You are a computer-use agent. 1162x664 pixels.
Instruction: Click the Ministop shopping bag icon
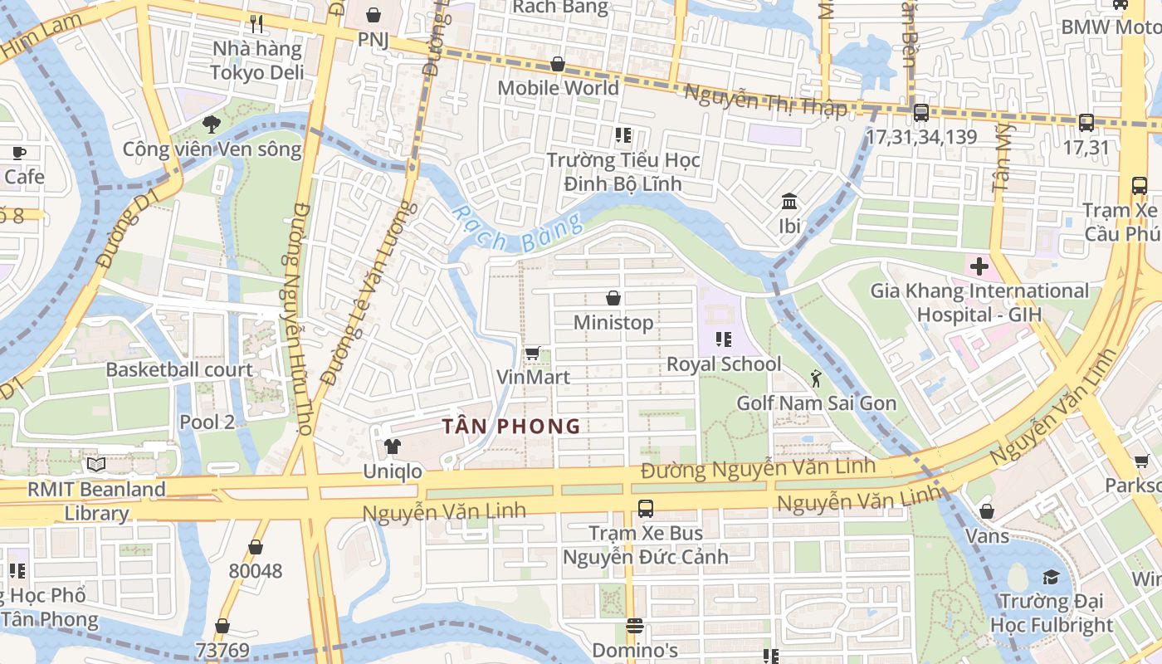pyautogui.click(x=613, y=298)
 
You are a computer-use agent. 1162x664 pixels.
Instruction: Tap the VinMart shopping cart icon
pyautogui.click(x=533, y=354)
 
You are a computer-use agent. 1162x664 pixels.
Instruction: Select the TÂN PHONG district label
pyautogui.click(x=510, y=427)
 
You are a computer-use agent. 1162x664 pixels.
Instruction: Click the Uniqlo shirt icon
pyautogui.click(x=393, y=447)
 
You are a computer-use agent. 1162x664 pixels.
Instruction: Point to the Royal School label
pyautogui.click(x=724, y=364)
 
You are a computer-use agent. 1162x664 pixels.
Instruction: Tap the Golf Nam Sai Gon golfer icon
pyautogui.click(x=816, y=378)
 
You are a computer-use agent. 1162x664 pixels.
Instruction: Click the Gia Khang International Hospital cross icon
pyautogui.click(x=979, y=267)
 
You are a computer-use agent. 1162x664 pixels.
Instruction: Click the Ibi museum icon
pyautogui.click(x=789, y=202)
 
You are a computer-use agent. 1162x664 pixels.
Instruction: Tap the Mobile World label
pyautogui.click(x=558, y=88)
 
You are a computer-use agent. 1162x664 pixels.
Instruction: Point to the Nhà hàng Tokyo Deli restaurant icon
pyautogui.click(x=256, y=24)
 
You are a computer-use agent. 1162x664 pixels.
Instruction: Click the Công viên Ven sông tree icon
pyautogui.click(x=212, y=125)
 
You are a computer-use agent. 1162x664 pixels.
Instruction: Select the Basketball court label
pyautogui.click(x=179, y=369)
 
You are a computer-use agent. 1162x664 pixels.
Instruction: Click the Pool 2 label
pyautogui.click(x=207, y=422)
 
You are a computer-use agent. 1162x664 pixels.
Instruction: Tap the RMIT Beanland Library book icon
pyautogui.click(x=96, y=465)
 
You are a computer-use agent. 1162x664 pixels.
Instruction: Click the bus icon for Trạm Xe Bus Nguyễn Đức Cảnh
pyautogui.click(x=645, y=509)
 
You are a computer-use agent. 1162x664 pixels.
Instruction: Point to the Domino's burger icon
pyautogui.click(x=635, y=626)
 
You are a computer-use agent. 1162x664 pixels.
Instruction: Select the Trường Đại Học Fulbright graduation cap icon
pyautogui.click(x=1051, y=577)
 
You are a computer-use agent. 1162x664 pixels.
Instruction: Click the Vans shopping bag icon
pyautogui.click(x=987, y=511)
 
